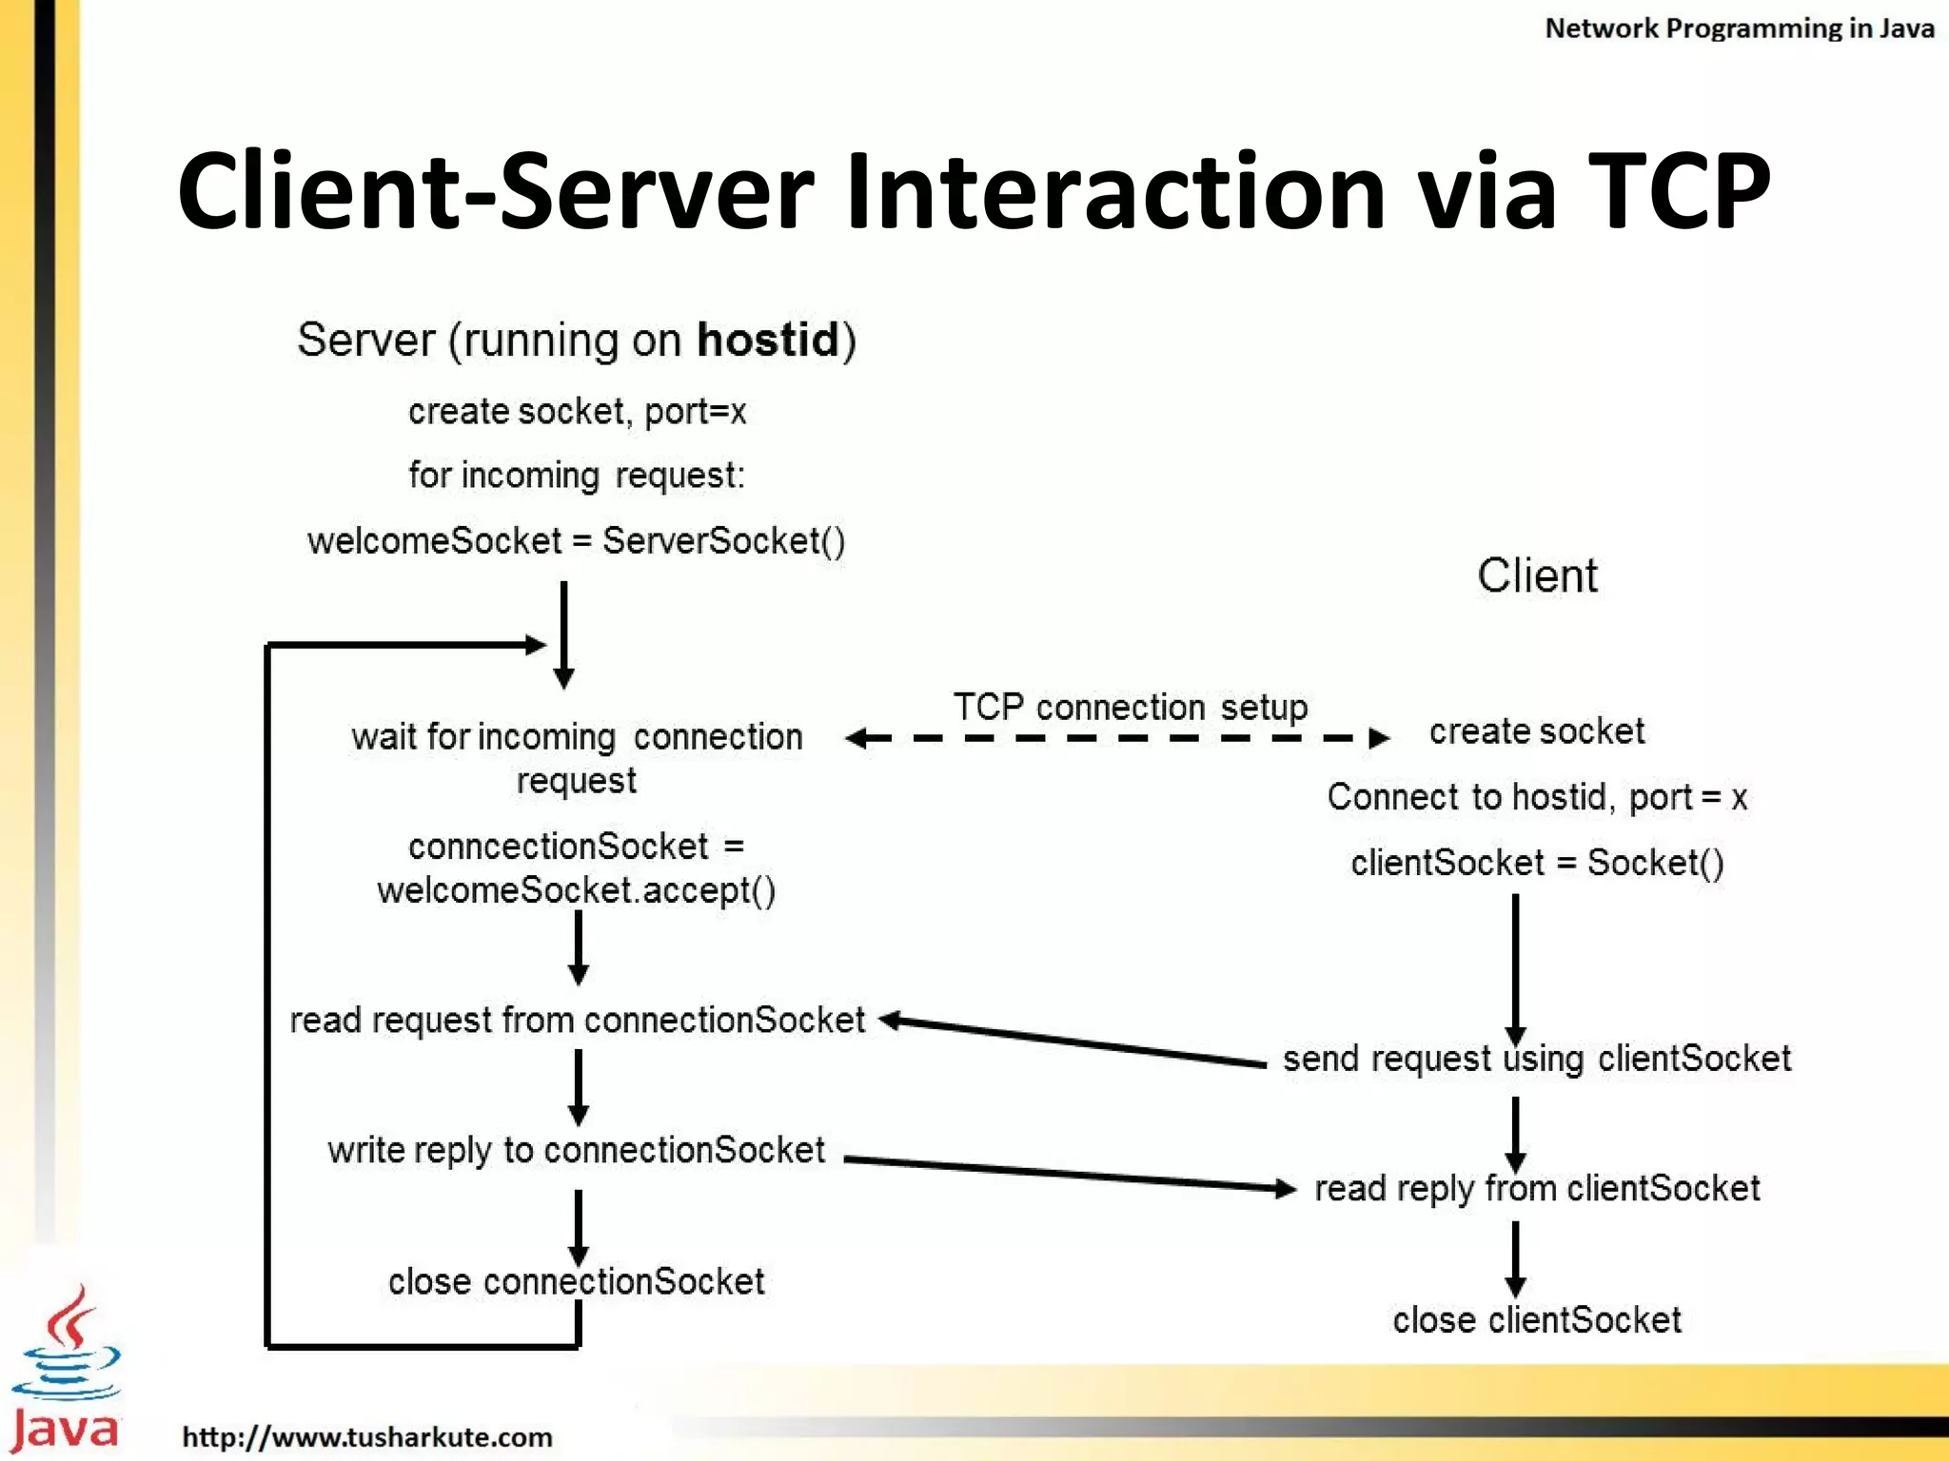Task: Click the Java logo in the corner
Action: (66, 1370)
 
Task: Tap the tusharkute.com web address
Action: (367, 1436)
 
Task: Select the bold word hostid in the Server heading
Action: (768, 341)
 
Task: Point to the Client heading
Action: (1537, 575)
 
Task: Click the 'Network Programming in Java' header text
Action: (1739, 29)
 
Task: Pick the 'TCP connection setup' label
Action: (1131, 707)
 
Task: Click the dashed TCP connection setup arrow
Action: (1117, 737)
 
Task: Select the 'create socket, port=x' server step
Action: (577, 412)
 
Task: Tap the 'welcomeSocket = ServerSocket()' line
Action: (577, 540)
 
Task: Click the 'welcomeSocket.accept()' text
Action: (577, 890)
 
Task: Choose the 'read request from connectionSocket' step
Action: (577, 1020)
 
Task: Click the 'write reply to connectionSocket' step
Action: (577, 1150)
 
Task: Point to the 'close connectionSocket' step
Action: (577, 1281)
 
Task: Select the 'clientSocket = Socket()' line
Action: (1537, 862)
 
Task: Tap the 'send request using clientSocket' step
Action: (1537, 1058)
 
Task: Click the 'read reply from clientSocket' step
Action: (1537, 1188)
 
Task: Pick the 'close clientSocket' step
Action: (1537, 1319)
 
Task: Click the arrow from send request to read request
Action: (1075, 1042)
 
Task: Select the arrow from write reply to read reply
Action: (1071, 1174)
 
